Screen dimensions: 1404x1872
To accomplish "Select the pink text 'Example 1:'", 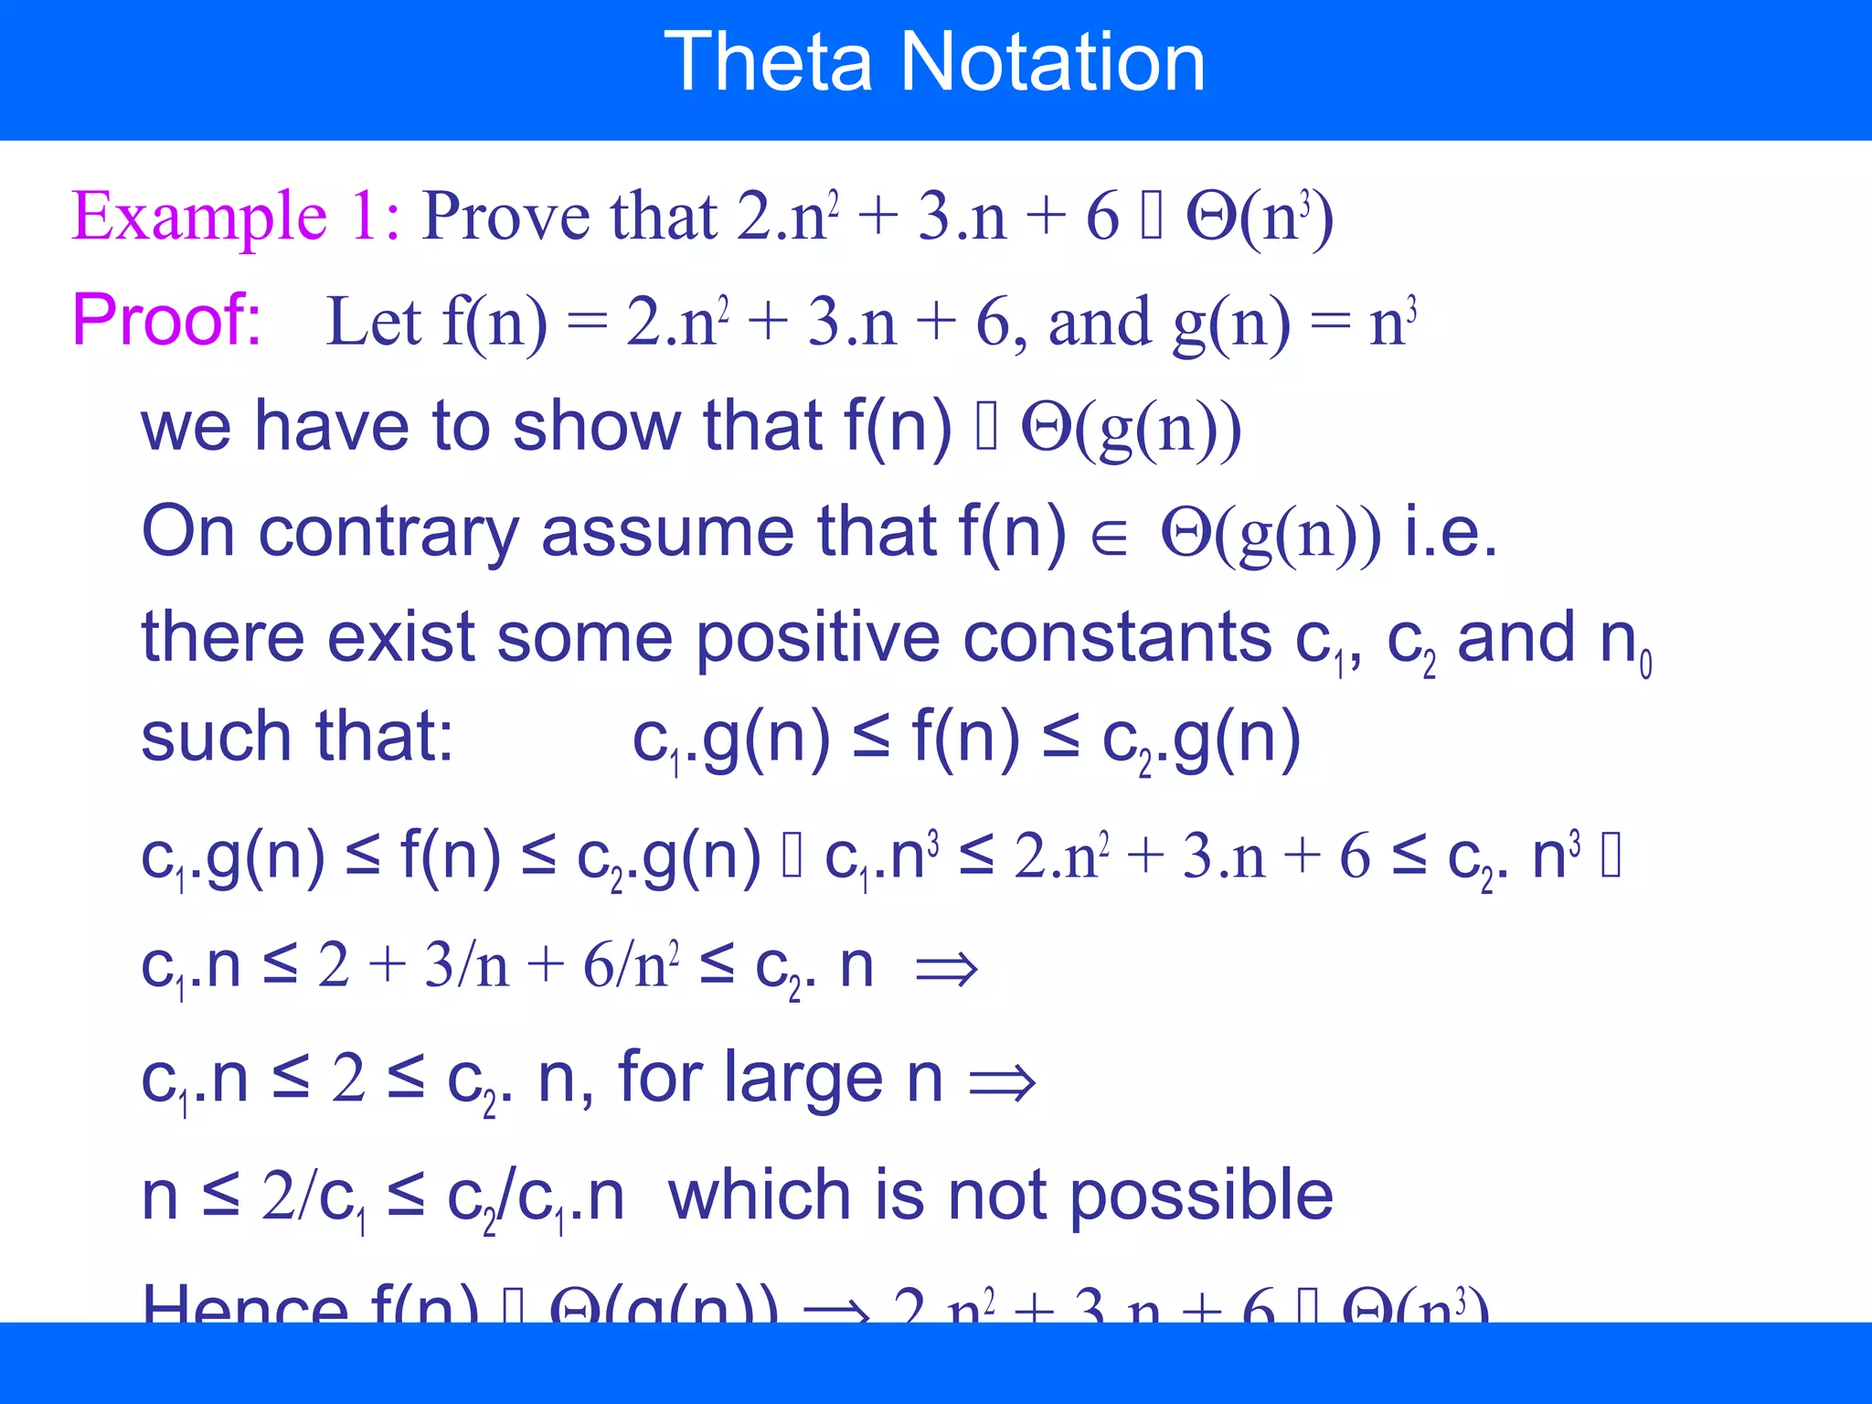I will pos(236,217).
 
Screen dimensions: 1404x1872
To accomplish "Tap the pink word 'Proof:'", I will pos(166,320).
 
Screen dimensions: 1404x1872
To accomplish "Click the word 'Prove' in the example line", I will pos(505,217).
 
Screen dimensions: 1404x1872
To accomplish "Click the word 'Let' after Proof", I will pos(373,322).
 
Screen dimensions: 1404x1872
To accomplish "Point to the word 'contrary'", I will pos(388,531).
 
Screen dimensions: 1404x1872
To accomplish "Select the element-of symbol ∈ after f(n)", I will pos(1109,537).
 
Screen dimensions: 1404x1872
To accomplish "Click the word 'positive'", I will pos(817,637).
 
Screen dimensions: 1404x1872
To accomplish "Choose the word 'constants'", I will pos(1117,637).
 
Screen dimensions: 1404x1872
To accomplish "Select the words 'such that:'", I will pos(297,737).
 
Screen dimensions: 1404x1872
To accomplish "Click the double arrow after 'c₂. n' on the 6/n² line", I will pos(947,969).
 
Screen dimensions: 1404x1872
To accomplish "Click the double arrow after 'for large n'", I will pos(1002,1083).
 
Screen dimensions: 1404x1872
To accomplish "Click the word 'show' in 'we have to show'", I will pos(596,426).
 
